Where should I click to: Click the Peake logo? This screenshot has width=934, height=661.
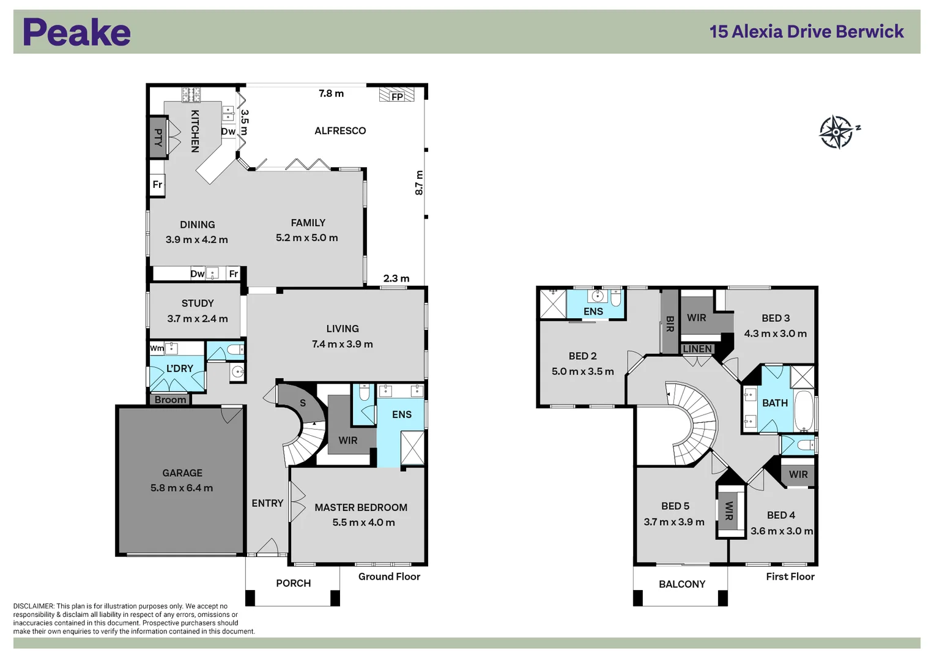pos(76,32)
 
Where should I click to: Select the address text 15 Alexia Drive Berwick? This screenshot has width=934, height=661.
pos(806,32)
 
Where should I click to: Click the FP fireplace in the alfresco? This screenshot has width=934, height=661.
pos(396,95)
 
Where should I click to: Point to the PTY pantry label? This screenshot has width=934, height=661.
pos(158,137)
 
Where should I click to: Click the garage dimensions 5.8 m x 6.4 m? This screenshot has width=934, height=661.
pos(182,488)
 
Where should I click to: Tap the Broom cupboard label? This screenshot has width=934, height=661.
pos(170,400)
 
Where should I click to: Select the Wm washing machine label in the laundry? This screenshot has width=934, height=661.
pos(157,348)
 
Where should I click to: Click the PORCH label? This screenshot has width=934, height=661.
pos(294,583)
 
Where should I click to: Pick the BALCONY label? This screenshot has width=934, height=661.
pos(682,584)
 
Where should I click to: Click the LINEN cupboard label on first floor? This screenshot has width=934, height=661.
pos(697,349)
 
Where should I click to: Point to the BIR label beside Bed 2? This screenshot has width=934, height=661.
pos(670,324)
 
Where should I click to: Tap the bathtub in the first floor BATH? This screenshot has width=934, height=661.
pos(804,411)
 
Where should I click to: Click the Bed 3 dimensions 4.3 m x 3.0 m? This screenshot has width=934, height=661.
pos(776,334)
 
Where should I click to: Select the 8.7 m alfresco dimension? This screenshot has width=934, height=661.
pos(419,183)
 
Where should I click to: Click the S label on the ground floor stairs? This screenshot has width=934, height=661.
pos(303,403)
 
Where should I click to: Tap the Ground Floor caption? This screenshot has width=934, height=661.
pos(389,577)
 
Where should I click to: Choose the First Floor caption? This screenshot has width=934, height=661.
pos(790,577)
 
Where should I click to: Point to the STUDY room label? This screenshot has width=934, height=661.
pos(198,304)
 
